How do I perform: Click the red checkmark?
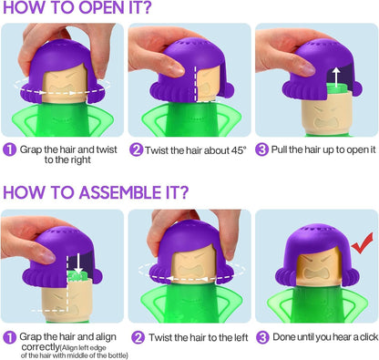coord(362,245)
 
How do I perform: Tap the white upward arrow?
coord(336,77)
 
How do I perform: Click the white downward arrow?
coord(78,263)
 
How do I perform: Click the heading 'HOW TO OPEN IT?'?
coord(77,7)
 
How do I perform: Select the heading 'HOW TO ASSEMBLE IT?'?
coord(96,192)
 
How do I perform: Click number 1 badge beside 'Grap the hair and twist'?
coord(9,149)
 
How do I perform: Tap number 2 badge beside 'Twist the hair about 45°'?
coord(137,149)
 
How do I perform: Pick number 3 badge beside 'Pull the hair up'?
coord(261,149)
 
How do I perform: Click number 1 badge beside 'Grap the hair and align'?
coord(9,337)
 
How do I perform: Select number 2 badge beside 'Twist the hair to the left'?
coord(138,337)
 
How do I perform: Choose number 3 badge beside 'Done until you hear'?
coord(263,337)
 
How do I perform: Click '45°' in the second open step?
coord(238,150)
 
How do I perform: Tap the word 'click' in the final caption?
coord(369,337)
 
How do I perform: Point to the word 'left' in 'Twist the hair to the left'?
coord(241,337)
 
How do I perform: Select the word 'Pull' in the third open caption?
coord(279,149)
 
